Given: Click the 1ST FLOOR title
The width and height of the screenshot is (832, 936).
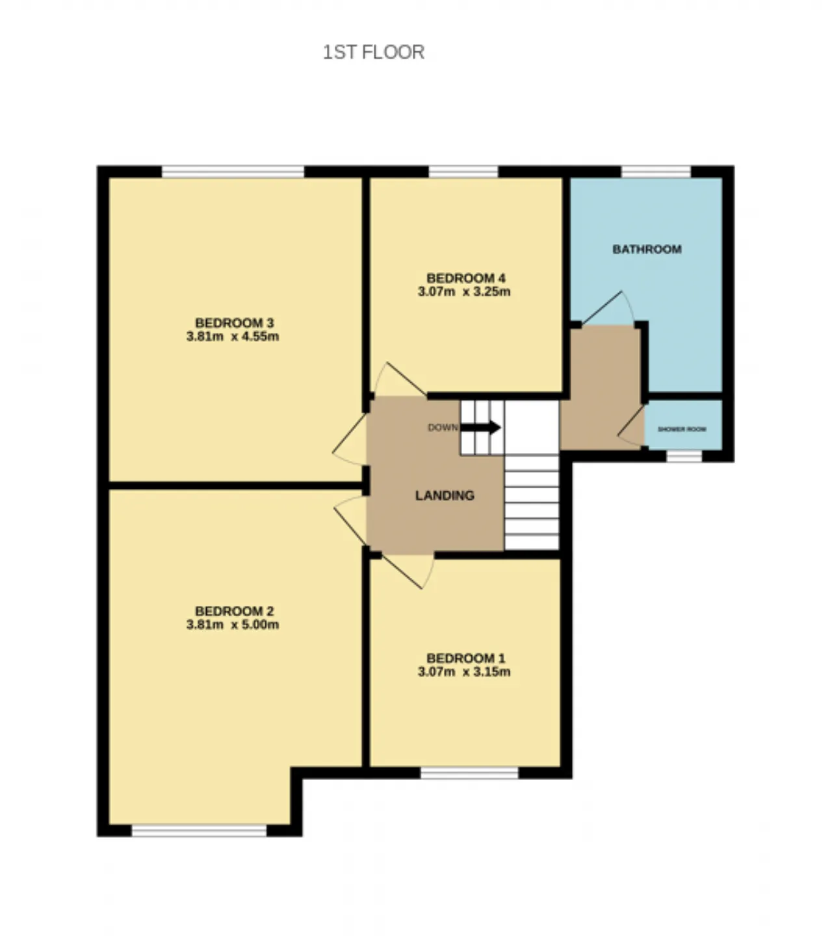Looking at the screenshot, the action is point(373,52).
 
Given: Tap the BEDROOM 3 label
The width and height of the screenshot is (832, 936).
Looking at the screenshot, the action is point(234,322).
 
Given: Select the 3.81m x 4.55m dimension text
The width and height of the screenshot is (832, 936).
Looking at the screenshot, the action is point(232,336).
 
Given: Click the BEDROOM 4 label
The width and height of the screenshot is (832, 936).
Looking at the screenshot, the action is point(465,278).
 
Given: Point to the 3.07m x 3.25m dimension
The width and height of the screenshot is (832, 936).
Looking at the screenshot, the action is point(464,292).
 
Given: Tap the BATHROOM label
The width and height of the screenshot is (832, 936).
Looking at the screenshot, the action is point(647,250).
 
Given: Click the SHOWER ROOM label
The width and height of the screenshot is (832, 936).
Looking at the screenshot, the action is point(682,429).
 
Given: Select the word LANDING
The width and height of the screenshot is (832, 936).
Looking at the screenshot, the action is point(445,496).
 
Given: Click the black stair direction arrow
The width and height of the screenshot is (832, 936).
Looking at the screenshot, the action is point(480,427).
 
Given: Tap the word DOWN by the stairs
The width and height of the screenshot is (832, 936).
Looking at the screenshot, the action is point(443,428).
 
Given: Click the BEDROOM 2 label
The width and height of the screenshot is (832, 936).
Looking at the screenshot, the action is point(234,611).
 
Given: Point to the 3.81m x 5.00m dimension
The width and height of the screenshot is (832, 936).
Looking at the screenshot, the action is point(232,625).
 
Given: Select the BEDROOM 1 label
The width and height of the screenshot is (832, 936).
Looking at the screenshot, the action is point(465,658).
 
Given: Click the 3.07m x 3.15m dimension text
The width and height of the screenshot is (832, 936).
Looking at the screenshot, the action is point(464,671).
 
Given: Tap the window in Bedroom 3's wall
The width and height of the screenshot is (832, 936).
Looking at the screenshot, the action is point(233,172).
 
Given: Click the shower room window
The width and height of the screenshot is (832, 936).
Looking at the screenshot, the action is point(684,456).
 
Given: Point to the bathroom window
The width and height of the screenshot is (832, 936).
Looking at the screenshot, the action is point(656,172).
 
